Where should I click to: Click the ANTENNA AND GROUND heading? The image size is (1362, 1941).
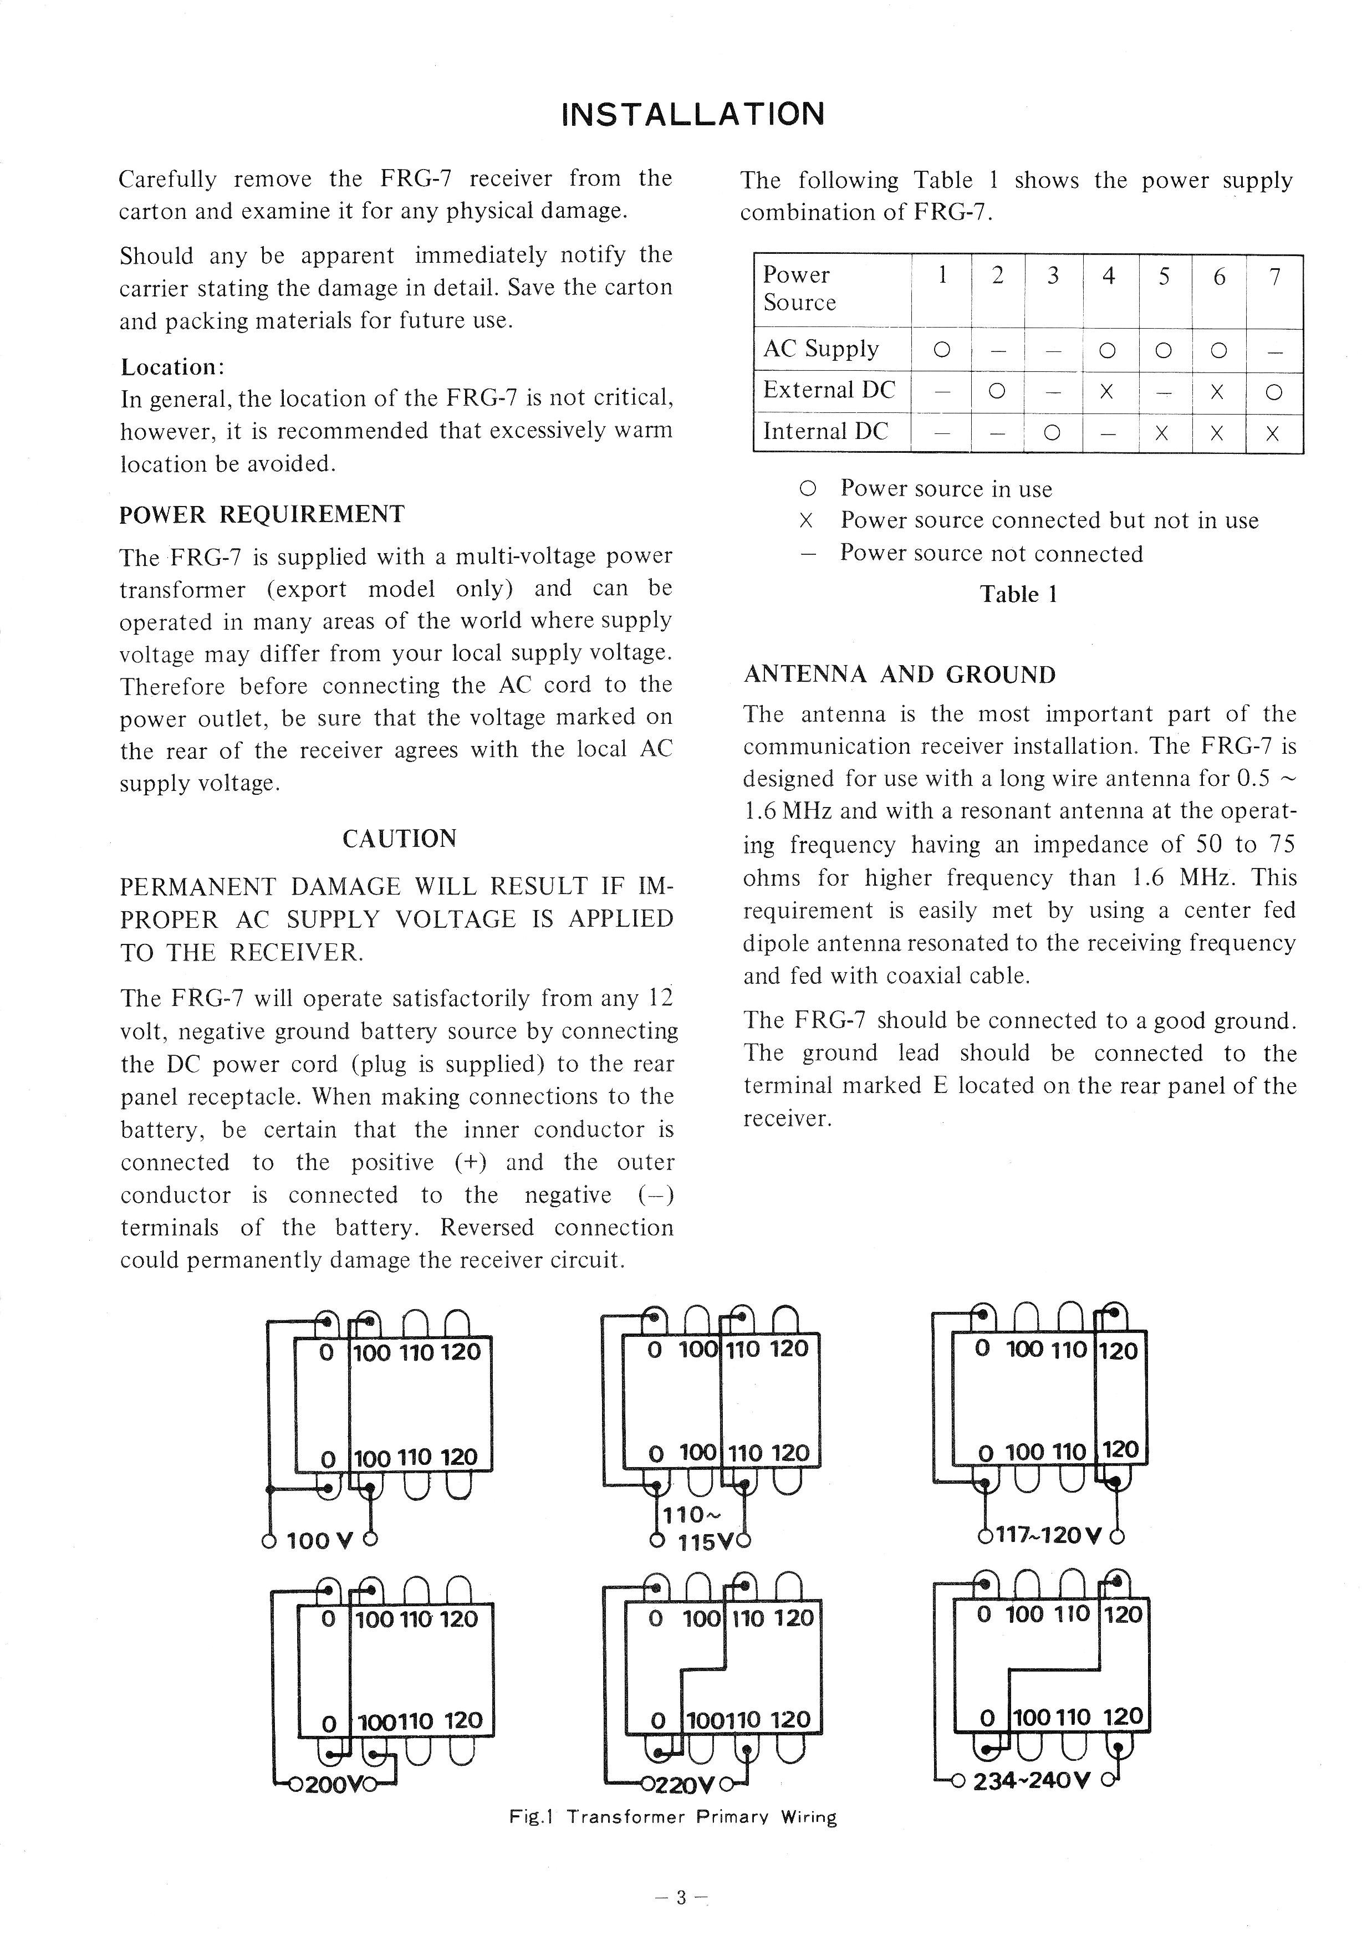pyautogui.click(x=900, y=675)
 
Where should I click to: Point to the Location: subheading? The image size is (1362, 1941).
pyautogui.click(x=172, y=367)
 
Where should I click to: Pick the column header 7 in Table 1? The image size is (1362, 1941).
pyautogui.click(x=1274, y=277)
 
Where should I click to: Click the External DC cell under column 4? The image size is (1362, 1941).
pyautogui.click(x=1108, y=391)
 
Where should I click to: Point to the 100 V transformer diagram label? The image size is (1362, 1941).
pyautogui.click(x=319, y=1541)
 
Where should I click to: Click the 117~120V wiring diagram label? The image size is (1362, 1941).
pyautogui.click(x=1048, y=1534)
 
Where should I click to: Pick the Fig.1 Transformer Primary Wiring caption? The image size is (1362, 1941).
pyautogui.click(x=672, y=1817)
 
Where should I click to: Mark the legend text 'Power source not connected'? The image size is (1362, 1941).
pyautogui.click(x=991, y=554)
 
